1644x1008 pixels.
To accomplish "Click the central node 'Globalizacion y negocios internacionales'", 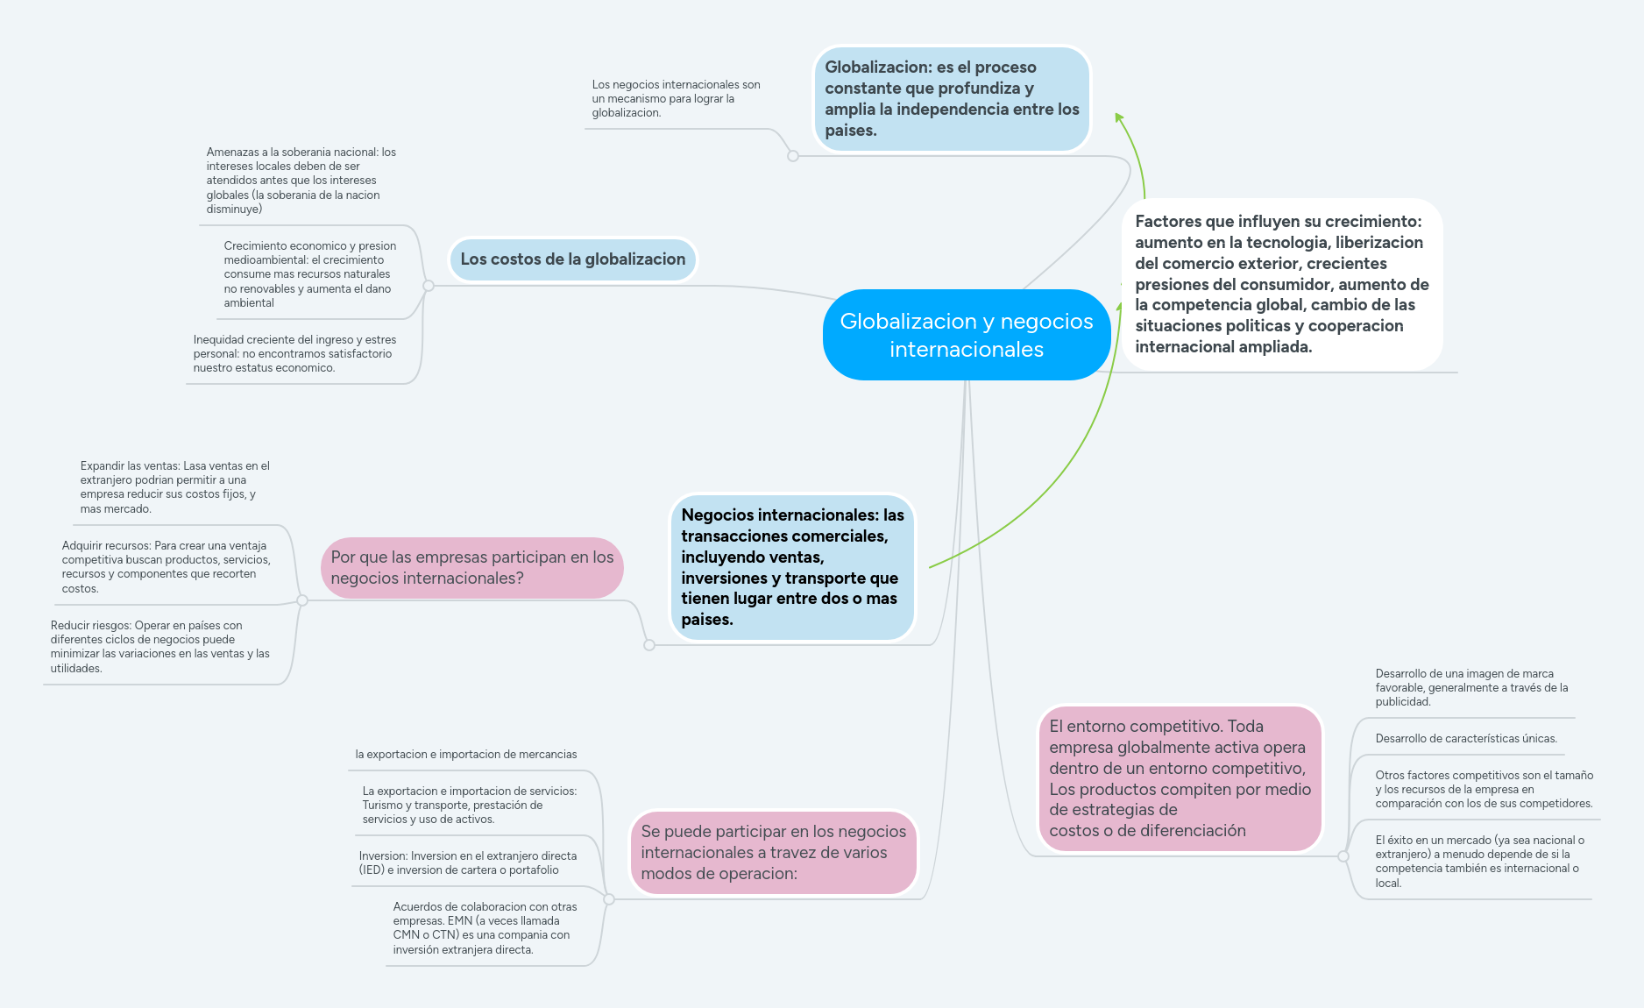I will pyautogui.click(x=966, y=335).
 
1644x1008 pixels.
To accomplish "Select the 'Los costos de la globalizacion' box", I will pyautogui.click(x=573, y=259).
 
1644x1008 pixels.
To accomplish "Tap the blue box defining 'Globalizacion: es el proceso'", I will pyautogui.click(x=952, y=99).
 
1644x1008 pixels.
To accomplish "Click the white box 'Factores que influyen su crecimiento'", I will pyautogui.click(x=1281, y=284).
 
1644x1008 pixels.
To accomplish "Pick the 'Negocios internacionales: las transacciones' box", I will pyautogui.click(x=792, y=567).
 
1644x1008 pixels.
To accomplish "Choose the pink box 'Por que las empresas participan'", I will pyautogui.click(x=471, y=568).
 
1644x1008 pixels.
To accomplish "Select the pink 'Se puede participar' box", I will pyautogui.click(x=773, y=852).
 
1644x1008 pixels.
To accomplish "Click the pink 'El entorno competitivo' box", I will pyautogui.click(x=1180, y=778).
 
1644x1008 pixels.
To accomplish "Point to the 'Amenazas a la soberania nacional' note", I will pyautogui.click(x=301, y=181).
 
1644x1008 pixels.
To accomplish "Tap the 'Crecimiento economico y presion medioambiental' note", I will pyautogui.click(x=309, y=274).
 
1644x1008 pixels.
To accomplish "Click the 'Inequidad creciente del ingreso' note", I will pyautogui.click(x=294, y=353).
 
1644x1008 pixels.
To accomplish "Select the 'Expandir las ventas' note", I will pyautogui.click(x=174, y=487).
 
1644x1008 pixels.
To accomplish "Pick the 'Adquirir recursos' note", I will pyautogui.click(x=166, y=567).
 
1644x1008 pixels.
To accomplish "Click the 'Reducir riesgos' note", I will pyautogui.click(x=159, y=647).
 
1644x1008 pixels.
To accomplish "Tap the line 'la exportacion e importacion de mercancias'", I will pyautogui.click(x=465, y=755).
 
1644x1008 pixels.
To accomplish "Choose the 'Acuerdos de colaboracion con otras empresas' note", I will pyautogui.click(x=485, y=928).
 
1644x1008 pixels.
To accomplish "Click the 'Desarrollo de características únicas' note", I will pyautogui.click(x=1465, y=739).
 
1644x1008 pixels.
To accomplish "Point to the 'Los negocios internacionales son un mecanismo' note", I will pyautogui.click(x=676, y=99).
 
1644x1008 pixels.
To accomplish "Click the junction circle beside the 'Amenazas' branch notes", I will pyautogui.click(x=429, y=286).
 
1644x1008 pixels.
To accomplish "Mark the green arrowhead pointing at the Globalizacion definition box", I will pyautogui.click(x=1119, y=118).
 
